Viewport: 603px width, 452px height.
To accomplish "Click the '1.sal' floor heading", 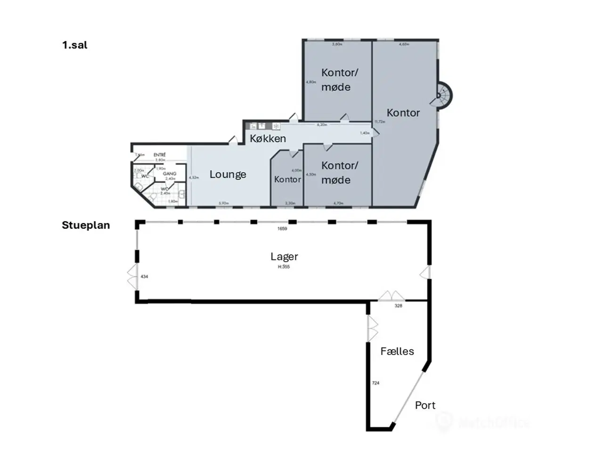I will [x=74, y=45].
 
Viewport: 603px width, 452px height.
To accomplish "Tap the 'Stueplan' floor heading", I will [x=86, y=225].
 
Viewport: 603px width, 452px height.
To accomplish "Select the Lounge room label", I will [x=228, y=174].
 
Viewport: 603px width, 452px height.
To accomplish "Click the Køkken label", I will [x=268, y=138].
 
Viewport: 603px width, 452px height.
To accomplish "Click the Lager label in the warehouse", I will [x=284, y=257].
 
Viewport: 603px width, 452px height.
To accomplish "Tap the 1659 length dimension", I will [x=282, y=229].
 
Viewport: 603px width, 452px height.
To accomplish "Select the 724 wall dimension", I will [x=375, y=383].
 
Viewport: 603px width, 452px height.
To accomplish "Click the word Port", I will [x=425, y=405].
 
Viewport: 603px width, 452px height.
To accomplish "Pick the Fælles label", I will [x=397, y=351].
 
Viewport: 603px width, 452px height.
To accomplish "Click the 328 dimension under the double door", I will [x=399, y=306].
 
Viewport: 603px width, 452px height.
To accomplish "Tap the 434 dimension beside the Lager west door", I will [x=144, y=277].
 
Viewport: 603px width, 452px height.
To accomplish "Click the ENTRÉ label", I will [x=160, y=155].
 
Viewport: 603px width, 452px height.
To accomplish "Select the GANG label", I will [x=170, y=174].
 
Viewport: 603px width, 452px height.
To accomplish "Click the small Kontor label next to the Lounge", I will [x=287, y=179].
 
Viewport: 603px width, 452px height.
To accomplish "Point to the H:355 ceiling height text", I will [x=284, y=267].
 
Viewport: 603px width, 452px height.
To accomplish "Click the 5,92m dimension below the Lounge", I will [x=223, y=203].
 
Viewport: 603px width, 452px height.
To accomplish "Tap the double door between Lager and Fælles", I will [x=392, y=296].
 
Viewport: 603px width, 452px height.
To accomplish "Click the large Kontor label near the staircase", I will [x=403, y=113].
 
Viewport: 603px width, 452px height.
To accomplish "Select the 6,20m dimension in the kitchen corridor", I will [x=322, y=125].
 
